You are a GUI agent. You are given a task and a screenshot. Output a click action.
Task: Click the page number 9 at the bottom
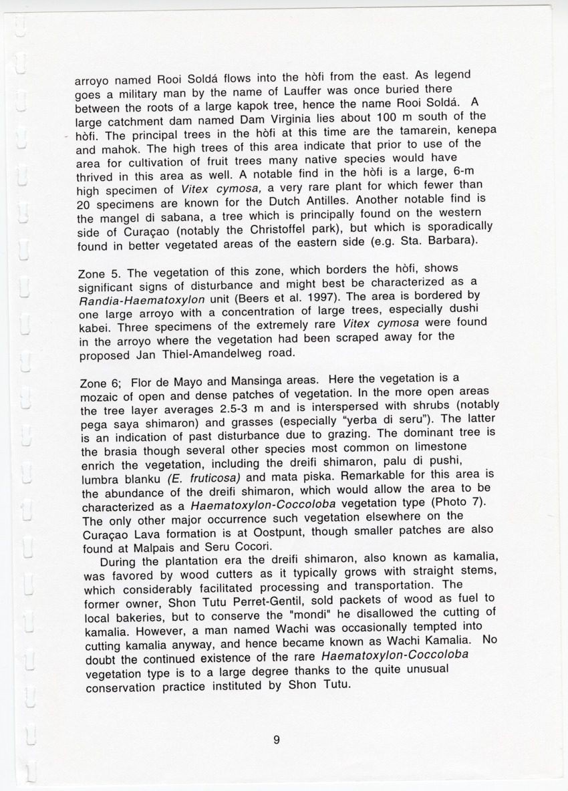[276, 740]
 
